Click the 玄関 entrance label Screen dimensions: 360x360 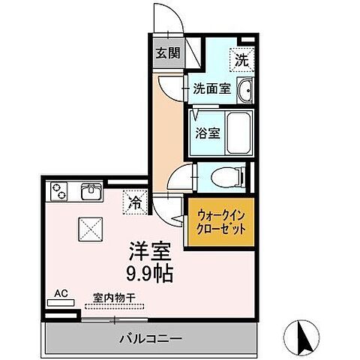[x=168, y=52]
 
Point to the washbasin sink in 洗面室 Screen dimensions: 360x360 [x=246, y=92]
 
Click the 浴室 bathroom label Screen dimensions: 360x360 [x=208, y=134]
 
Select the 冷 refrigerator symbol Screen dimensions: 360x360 [x=135, y=202]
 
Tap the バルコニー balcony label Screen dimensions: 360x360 [x=147, y=337]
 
